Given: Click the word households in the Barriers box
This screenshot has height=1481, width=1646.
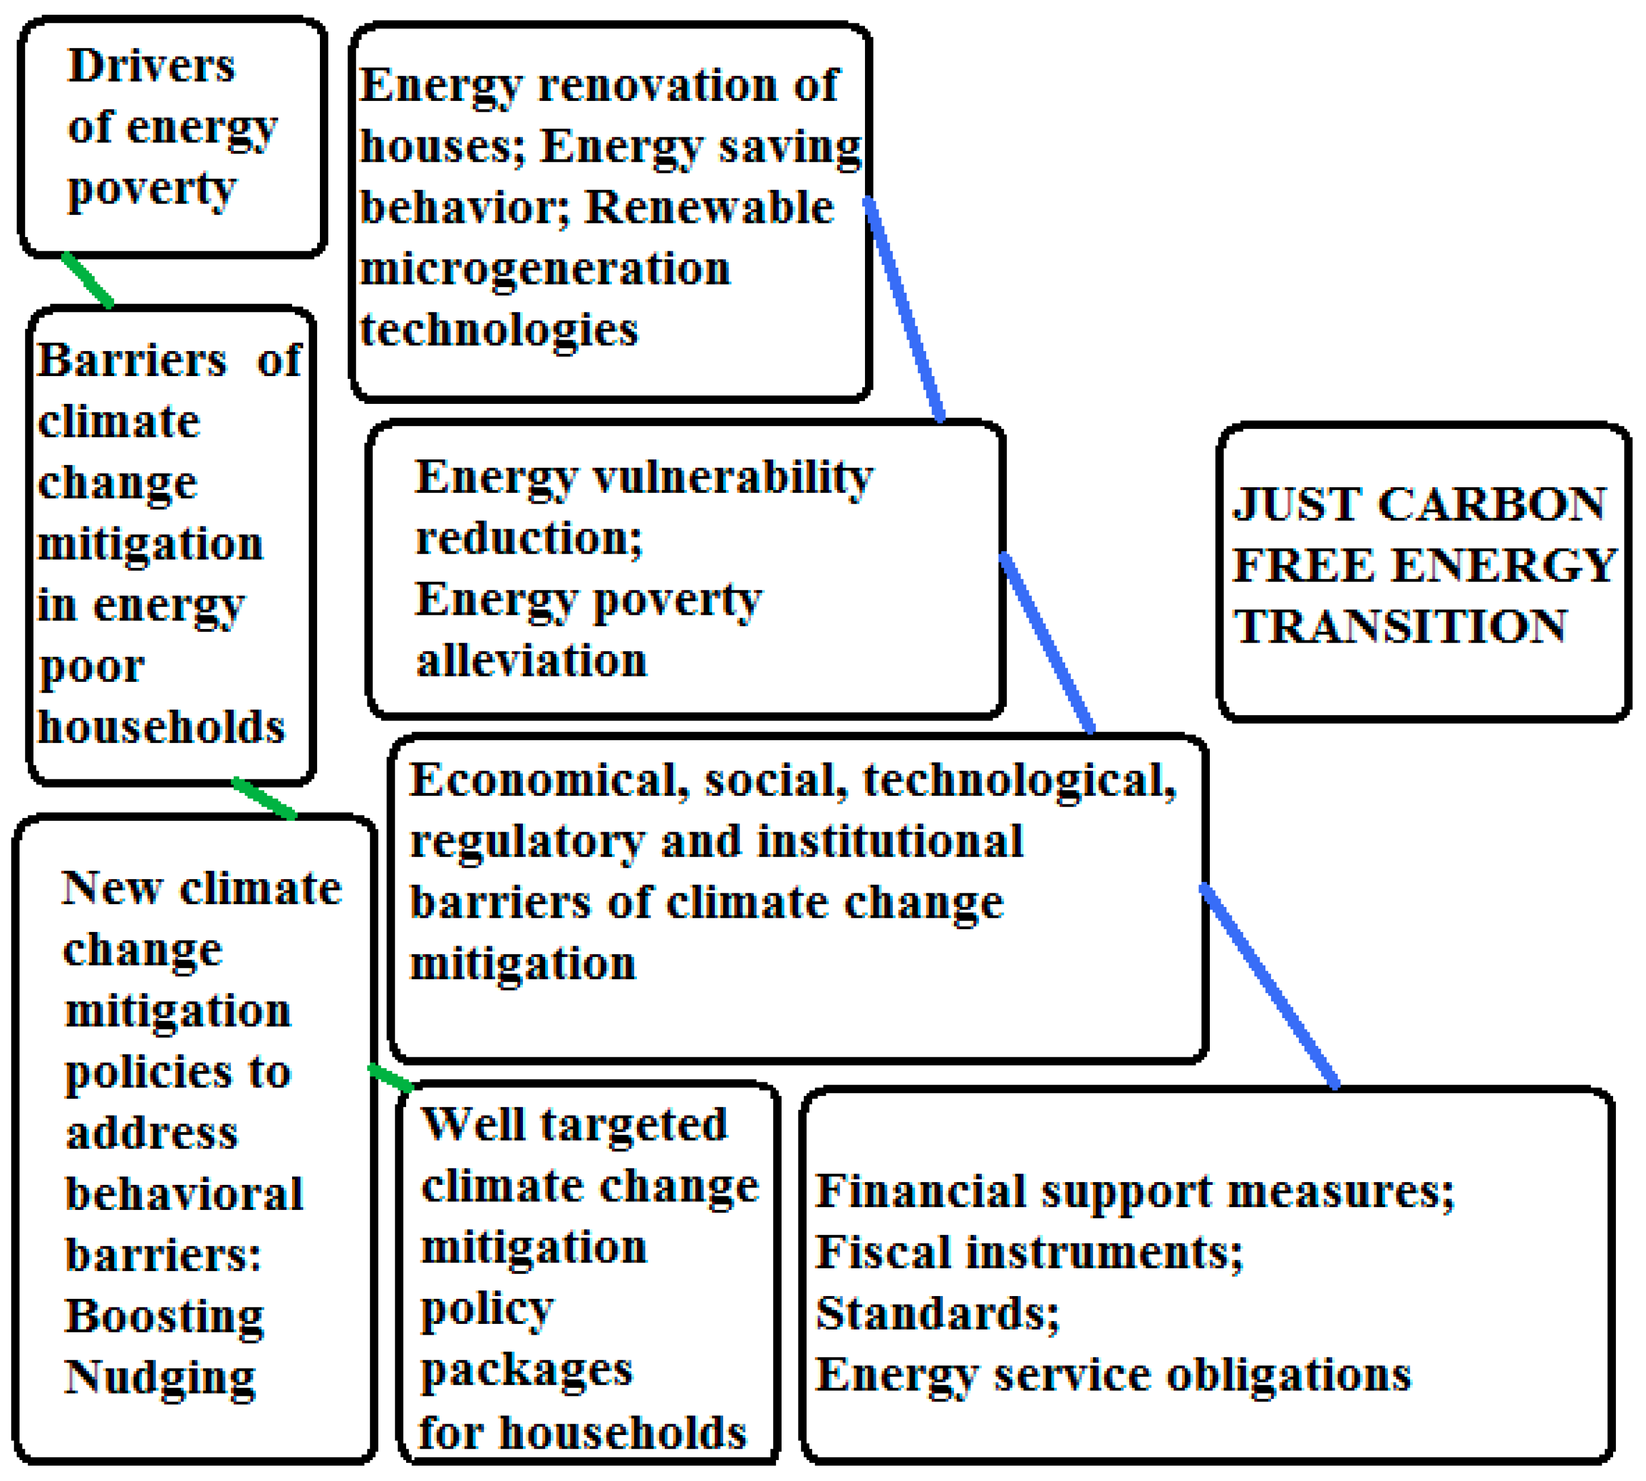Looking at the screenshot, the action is coord(161,727).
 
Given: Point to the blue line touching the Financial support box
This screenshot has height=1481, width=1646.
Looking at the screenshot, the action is coord(1270,986).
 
